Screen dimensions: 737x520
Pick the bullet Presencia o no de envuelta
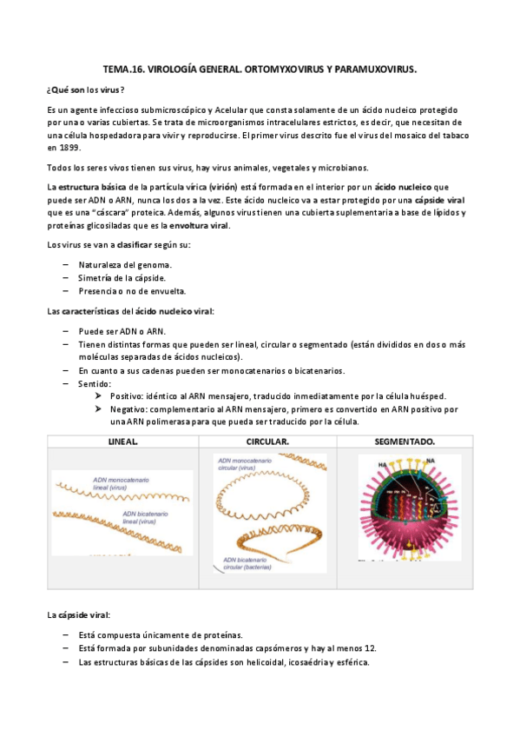click(x=132, y=290)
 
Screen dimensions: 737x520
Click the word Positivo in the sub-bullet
click(x=128, y=396)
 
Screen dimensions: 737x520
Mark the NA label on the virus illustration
click(x=431, y=461)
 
